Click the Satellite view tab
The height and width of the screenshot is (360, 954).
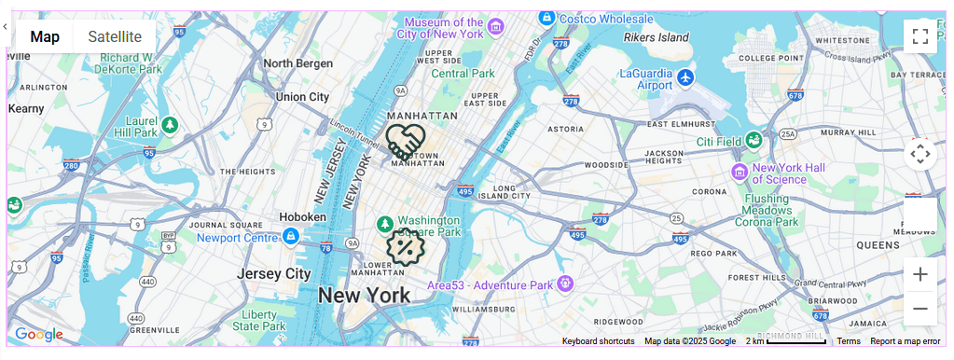[115, 36]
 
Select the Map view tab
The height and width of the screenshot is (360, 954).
[45, 36]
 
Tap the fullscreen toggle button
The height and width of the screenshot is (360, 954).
[919, 36]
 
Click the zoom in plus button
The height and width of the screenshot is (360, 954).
[919, 274]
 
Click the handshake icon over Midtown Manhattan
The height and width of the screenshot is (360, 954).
[406, 142]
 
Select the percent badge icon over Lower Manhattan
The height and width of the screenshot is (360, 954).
[405, 247]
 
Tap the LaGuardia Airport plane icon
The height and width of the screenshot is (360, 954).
[686, 76]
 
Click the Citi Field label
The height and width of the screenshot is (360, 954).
[719, 142]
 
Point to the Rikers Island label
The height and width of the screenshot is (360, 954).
[656, 38]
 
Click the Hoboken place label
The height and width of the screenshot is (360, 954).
[303, 217]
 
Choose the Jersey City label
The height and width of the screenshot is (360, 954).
[273, 274]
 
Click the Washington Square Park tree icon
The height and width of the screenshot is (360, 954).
[384, 224]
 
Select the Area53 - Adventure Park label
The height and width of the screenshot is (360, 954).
[491, 284]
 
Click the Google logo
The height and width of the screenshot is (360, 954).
[38, 335]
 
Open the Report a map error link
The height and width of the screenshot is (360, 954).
[905, 341]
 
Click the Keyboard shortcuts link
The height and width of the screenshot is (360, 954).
[598, 341]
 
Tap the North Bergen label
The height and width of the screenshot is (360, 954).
[297, 63]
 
